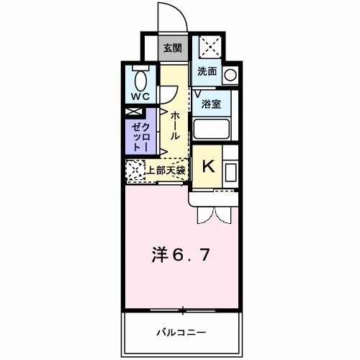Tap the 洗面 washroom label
(x=207, y=72)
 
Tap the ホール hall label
(x=174, y=125)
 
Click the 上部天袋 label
(x=167, y=171)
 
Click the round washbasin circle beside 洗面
(x=230, y=74)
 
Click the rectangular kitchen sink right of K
(x=232, y=171)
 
